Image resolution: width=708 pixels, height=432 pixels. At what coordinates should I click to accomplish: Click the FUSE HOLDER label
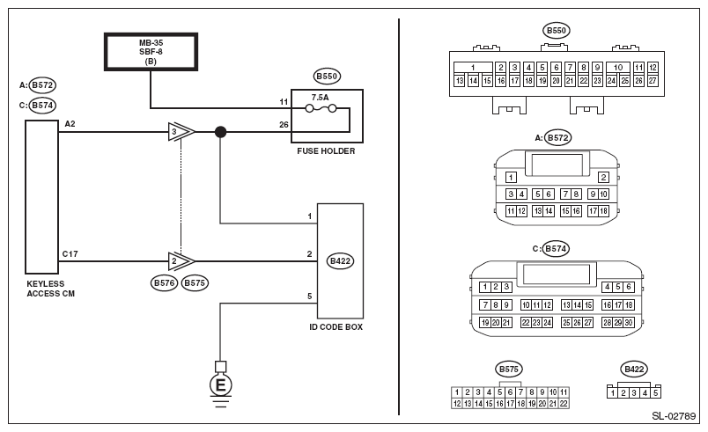(326, 150)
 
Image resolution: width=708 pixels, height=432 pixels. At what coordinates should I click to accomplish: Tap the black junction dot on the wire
(220, 133)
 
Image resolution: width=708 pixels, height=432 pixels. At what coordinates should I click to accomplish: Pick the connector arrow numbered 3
(181, 133)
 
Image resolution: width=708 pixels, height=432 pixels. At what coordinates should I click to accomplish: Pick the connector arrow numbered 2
(181, 261)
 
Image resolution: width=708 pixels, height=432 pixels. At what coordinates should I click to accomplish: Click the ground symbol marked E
(220, 384)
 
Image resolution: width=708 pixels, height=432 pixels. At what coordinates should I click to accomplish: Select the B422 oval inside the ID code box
(339, 261)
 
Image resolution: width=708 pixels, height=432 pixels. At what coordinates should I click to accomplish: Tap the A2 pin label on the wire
(70, 124)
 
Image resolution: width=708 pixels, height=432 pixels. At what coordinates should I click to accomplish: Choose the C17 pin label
(70, 253)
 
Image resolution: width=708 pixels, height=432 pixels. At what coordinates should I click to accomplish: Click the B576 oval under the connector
(165, 283)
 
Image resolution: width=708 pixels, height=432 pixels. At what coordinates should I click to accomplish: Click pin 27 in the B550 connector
(653, 81)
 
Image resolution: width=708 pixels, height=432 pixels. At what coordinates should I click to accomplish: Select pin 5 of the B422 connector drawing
(656, 392)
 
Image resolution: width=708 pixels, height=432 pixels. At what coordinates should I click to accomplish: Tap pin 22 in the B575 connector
(564, 403)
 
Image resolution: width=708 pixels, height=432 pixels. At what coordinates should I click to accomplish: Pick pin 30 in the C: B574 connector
(630, 323)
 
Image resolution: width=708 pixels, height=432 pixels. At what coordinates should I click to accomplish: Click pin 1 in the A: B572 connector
(511, 178)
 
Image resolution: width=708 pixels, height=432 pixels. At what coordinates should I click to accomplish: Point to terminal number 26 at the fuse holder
(284, 125)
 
